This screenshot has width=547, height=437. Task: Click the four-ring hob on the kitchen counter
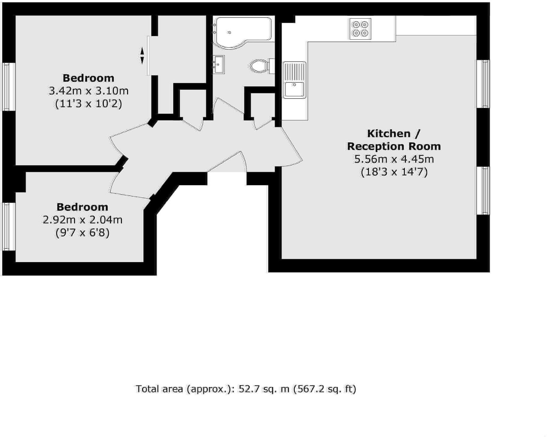[360, 29]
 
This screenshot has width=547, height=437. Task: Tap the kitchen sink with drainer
[294, 80]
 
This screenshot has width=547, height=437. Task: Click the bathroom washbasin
[218, 64]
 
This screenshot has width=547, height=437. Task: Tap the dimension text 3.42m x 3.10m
[88, 91]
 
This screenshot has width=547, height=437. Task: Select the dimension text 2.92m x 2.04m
[82, 220]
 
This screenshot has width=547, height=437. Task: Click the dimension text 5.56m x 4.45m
[394, 159]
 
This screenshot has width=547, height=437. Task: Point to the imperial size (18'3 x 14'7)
[394, 172]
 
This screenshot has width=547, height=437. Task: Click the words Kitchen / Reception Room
[394, 140]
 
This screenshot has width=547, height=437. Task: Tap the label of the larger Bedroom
[88, 78]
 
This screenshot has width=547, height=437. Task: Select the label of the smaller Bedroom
[82, 207]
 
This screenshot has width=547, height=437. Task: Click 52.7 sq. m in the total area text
[264, 389]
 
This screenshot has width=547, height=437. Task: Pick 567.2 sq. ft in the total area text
[324, 389]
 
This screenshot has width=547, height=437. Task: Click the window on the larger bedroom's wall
[9, 86]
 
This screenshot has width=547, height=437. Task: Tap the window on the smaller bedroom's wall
[9, 226]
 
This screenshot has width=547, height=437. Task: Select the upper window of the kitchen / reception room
[483, 84]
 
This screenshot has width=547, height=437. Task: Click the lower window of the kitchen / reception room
[483, 190]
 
